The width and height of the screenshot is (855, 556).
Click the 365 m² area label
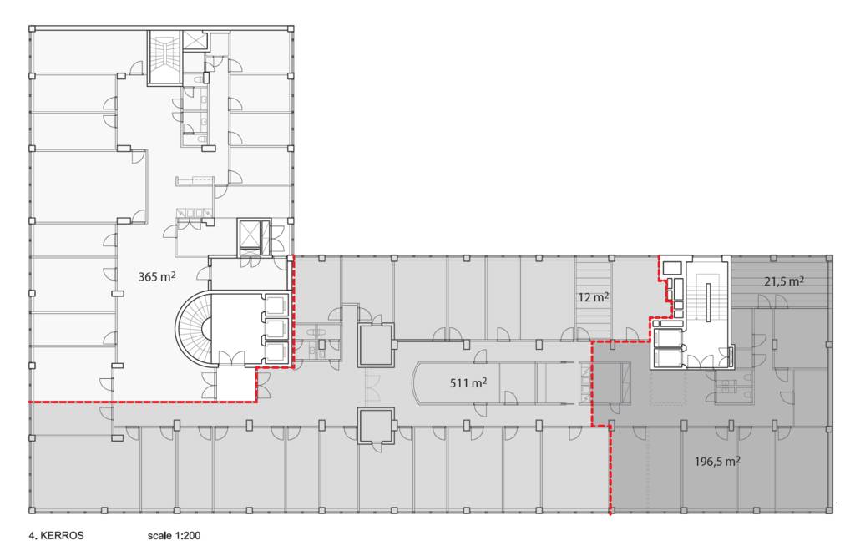(157, 276)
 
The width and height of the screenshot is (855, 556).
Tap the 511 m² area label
(468, 382)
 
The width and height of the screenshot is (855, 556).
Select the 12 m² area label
(594, 297)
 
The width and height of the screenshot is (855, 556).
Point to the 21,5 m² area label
(784, 281)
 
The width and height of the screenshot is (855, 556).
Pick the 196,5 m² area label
(717, 461)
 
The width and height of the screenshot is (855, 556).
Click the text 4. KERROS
(56, 535)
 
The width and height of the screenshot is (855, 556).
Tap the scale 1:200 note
(174, 535)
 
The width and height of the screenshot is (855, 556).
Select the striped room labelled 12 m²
(594, 298)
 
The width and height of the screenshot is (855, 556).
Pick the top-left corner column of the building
(33, 29)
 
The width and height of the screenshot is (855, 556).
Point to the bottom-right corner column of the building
(829, 511)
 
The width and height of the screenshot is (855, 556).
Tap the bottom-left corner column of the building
(33, 511)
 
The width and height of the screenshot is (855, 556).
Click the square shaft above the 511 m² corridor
(376, 345)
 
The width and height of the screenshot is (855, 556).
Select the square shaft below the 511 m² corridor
(376, 426)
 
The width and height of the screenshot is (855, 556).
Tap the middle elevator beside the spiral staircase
(276, 328)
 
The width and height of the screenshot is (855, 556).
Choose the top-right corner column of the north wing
(290, 29)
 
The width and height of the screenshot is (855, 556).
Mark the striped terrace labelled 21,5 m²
(781, 281)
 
